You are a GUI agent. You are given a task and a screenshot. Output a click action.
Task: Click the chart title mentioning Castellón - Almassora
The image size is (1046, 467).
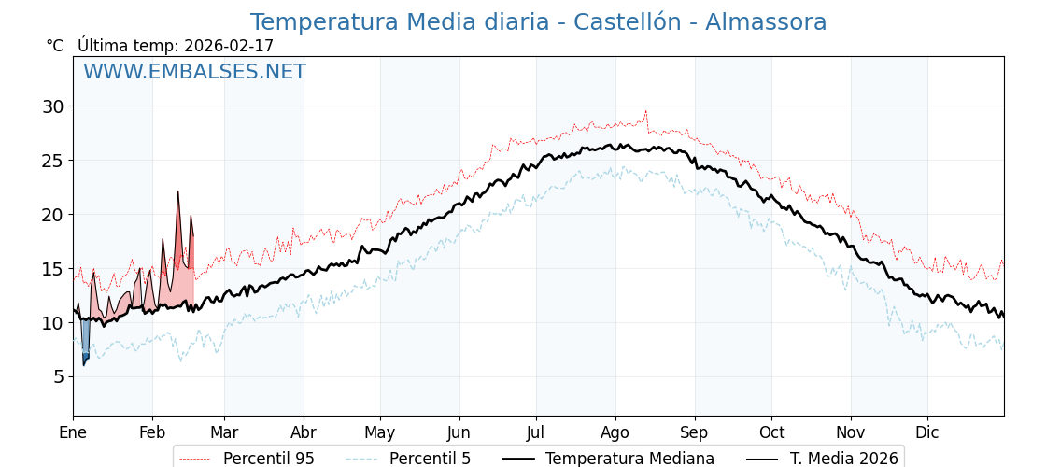click(538, 22)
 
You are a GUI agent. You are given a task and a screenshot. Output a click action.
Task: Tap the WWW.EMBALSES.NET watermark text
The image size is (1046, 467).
click(194, 72)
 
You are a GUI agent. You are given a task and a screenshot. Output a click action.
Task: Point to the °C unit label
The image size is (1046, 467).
click(55, 46)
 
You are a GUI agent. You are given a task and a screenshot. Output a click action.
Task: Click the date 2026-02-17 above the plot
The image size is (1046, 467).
click(229, 46)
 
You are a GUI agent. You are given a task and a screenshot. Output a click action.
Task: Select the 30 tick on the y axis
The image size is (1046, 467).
click(52, 106)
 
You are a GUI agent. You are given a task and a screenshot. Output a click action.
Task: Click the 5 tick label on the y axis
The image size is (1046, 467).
click(58, 376)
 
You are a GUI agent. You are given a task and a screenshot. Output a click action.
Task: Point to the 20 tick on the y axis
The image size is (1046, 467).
click(52, 215)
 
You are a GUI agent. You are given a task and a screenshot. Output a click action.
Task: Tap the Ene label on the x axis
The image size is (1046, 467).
click(73, 433)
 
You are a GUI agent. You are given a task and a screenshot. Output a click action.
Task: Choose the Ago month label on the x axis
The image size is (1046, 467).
click(615, 433)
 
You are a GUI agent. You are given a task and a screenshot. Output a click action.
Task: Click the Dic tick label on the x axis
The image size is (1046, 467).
click(927, 433)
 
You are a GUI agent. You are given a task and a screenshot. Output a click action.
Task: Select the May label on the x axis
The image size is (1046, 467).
click(380, 433)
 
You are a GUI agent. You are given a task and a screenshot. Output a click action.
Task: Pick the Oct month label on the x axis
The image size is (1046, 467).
click(771, 433)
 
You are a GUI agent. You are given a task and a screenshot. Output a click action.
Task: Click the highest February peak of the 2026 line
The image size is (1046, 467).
click(177, 192)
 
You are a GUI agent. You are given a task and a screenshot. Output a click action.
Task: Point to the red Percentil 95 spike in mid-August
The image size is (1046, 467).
click(645, 112)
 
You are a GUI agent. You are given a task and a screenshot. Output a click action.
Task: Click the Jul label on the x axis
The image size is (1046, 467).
click(536, 433)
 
